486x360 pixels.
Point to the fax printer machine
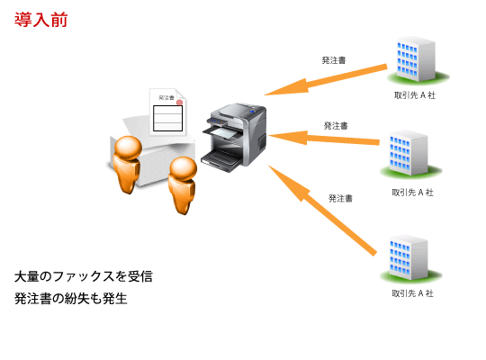point(236,135)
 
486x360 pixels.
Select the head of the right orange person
point(184,169)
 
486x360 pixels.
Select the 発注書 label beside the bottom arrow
point(340,197)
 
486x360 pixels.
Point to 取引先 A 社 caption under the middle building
point(412,192)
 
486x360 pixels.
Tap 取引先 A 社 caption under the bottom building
point(412,293)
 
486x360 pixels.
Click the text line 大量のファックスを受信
point(84,276)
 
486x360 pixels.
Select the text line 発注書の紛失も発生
point(71,298)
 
